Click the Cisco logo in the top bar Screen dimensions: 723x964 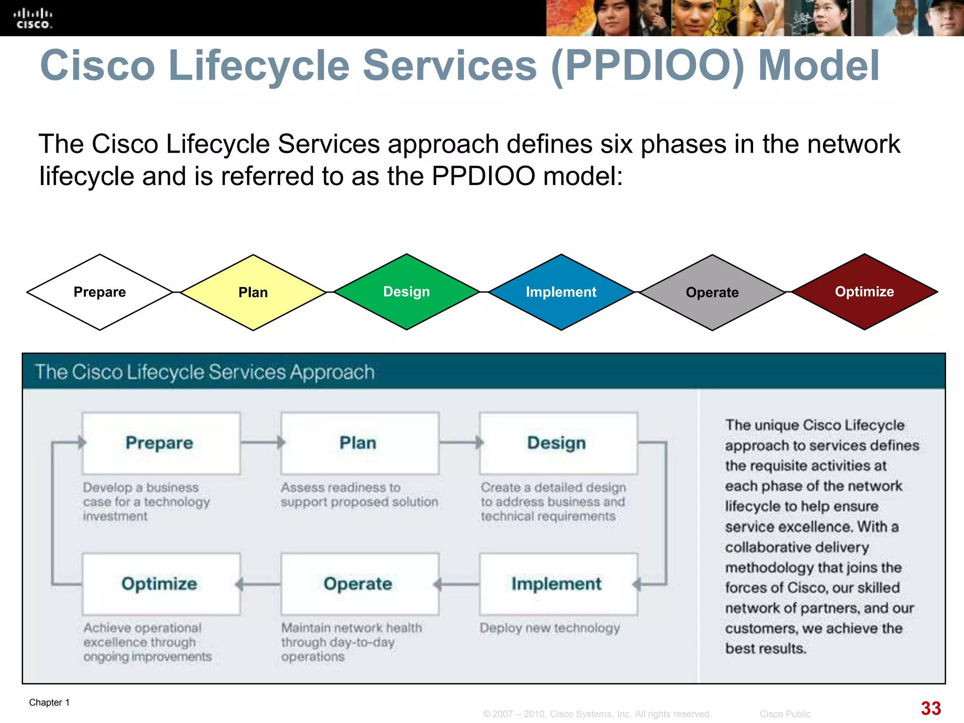click(x=32, y=18)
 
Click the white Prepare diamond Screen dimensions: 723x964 click(x=100, y=292)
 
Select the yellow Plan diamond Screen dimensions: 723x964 click(x=253, y=292)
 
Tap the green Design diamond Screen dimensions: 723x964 click(x=407, y=292)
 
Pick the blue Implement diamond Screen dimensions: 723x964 click(x=561, y=292)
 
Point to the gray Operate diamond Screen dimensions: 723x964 click(x=712, y=292)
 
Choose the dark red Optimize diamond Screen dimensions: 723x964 click(x=864, y=292)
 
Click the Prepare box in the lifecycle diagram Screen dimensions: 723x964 click(x=161, y=443)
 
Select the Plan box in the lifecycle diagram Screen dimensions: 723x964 click(x=359, y=443)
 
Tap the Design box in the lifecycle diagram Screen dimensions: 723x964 click(x=558, y=443)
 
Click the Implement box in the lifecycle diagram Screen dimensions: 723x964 click(x=558, y=584)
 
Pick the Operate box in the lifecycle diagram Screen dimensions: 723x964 click(x=359, y=584)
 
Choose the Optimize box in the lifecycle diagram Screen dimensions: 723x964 click(x=161, y=584)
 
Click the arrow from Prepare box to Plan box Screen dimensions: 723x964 click(x=262, y=442)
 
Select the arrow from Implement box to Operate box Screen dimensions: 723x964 click(x=458, y=585)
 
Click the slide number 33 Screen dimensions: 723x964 click(x=931, y=708)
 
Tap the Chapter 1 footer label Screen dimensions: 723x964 click(x=49, y=702)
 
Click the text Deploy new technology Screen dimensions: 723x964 click(x=549, y=628)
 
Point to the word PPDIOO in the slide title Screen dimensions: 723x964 click(x=647, y=66)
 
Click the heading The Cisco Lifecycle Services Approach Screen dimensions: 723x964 click(x=205, y=372)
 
